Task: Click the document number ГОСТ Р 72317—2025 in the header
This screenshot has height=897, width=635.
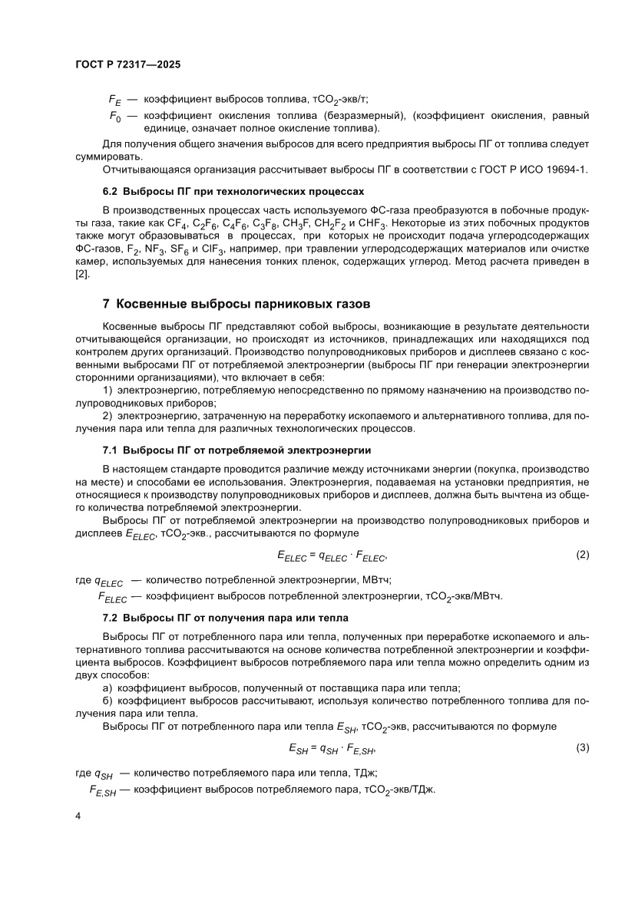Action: (128, 66)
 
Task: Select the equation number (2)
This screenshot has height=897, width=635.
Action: (582, 554)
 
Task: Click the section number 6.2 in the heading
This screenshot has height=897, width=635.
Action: (111, 190)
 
